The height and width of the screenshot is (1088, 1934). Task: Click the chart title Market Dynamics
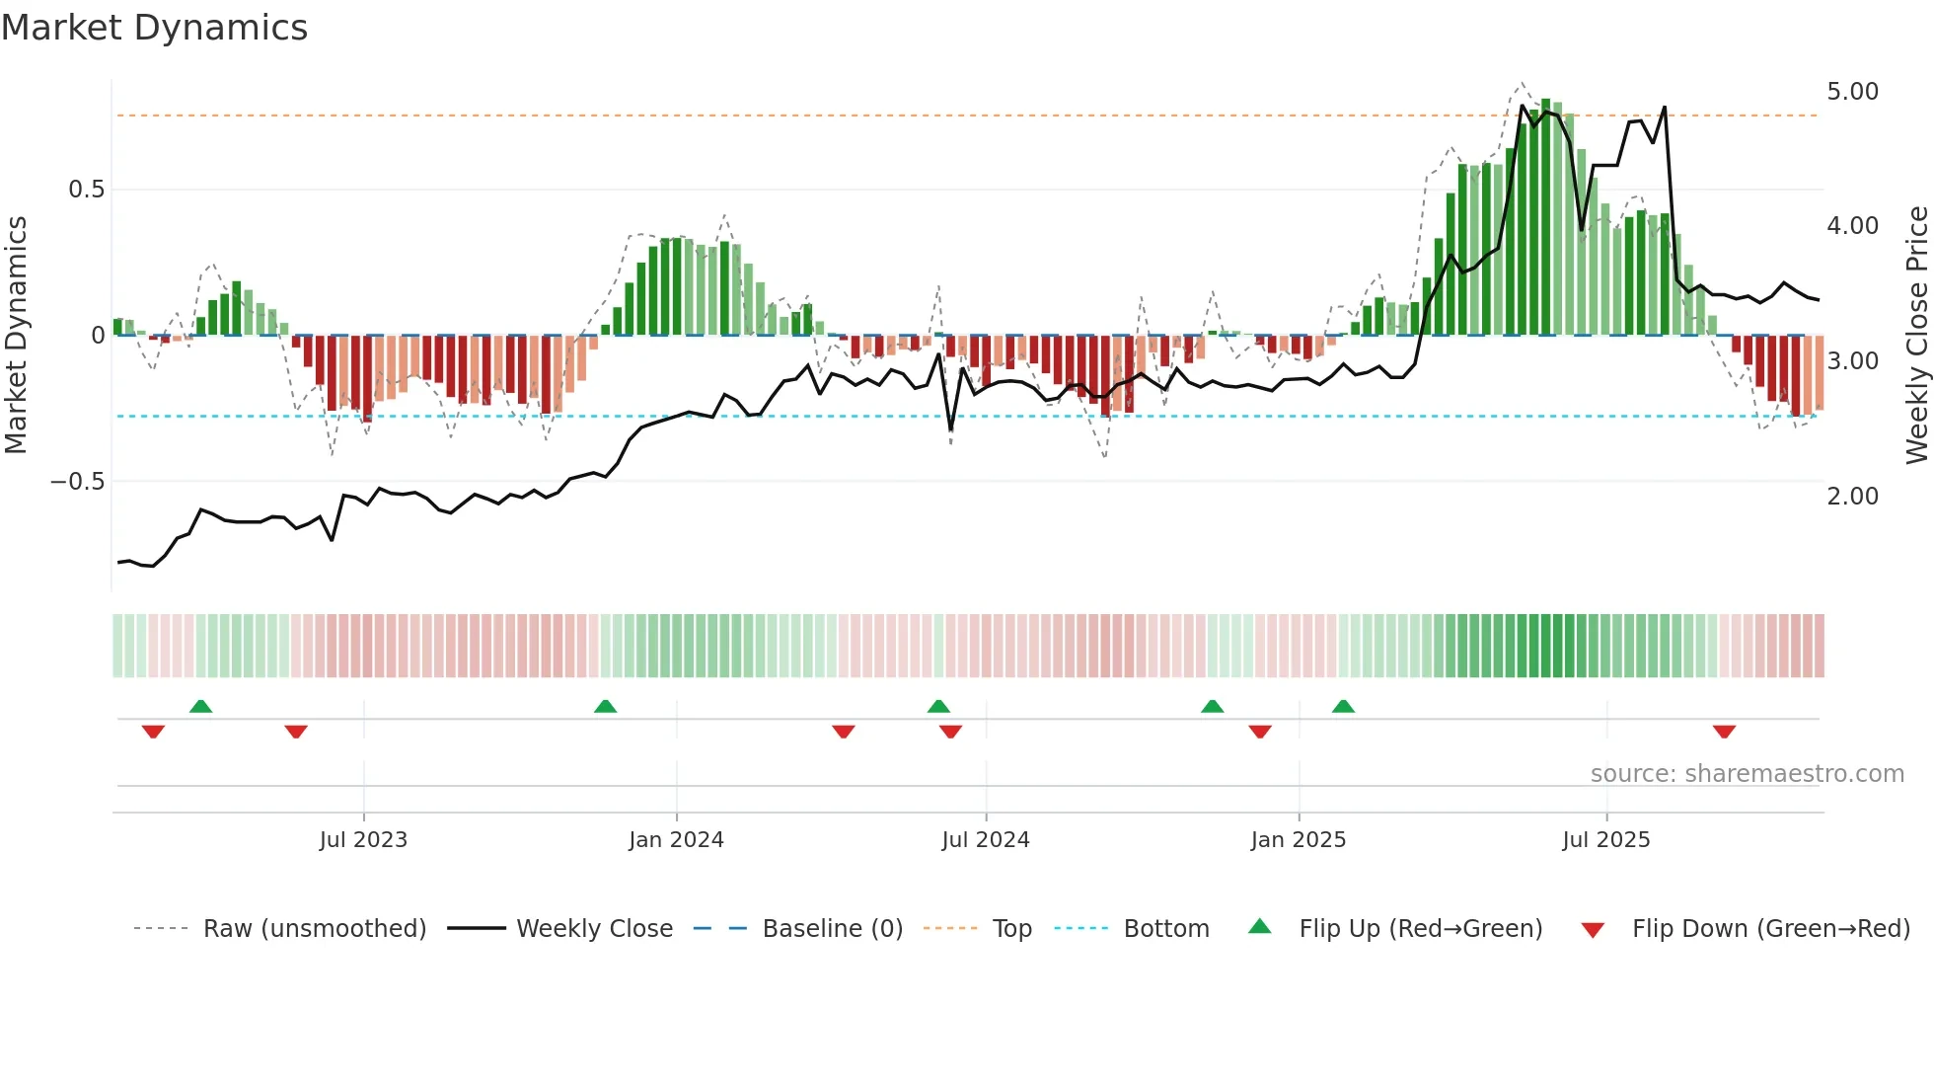click(x=155, y=28)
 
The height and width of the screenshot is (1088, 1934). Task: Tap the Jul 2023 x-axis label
click(x=363, y=840)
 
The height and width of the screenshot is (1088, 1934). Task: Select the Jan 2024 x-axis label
click(x=676, y=840)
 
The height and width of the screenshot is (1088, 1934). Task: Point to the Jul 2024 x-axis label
click(x=986, y=840)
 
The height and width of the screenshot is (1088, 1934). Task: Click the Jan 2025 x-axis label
click(x=1298, y=840)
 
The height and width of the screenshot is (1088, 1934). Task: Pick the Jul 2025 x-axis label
click(x=1605, y=840)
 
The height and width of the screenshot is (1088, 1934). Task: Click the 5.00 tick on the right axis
click(x=1852, y=92)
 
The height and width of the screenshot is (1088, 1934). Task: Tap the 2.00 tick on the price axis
click(x=1852, y=497)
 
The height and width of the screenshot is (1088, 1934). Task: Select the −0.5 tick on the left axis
click(x=77, y=482)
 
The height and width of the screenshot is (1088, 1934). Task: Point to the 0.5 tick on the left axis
click(x=86, y=190)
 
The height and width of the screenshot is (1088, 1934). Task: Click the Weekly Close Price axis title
click(x=1916, y=336)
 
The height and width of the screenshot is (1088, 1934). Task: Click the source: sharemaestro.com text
click(x=1747, y=774)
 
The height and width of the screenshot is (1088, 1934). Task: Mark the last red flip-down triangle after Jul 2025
click(x=1724, y=732)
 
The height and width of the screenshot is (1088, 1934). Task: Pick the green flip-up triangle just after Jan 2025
click(x=1343, y=706)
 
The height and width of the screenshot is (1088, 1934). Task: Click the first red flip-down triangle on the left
click(x=153, y=732)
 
